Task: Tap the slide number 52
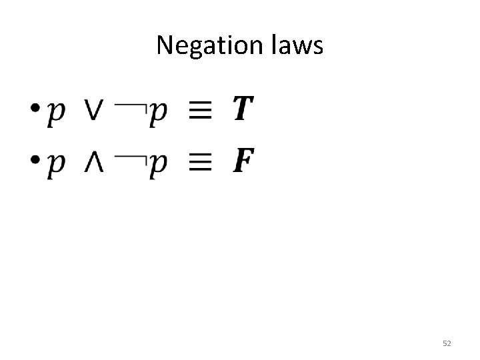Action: click(x=447, y=343)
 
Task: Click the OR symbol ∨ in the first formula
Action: click(x=94, y=109)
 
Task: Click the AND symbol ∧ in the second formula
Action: click(x=94, y=161)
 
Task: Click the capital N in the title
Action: click(x=163, y=45)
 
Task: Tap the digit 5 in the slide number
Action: click(x=445, y=343)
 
